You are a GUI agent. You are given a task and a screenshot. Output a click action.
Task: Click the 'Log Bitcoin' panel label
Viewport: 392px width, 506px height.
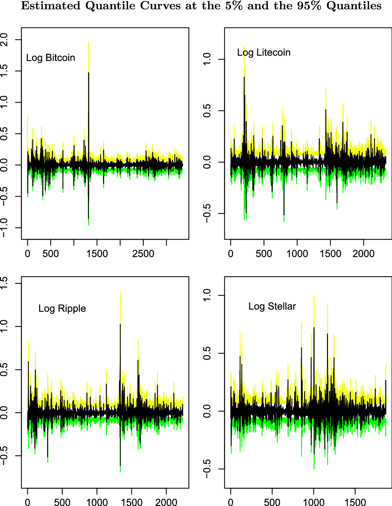pyautogui.click(x=50, y=58)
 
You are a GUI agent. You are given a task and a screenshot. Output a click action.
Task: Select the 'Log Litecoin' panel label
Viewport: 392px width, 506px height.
pyautogui.click(x=264, y=52)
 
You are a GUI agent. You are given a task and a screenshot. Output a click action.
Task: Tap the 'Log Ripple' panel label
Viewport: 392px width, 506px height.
pyautogui.click(x=62, y=308)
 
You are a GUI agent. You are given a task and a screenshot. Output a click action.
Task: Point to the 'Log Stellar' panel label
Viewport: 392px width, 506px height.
pyautogui.click(x=272, y=306)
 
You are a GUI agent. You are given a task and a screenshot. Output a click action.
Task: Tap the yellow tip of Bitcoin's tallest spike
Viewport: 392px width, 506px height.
pyautogui.click(x=89, y=42)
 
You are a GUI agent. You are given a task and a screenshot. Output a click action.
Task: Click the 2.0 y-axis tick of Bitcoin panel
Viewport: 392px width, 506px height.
pyautogui.click(x=4, y=40)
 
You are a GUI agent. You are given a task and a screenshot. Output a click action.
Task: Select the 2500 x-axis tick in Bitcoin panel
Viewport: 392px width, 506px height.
pyautogui.click(x=143, y=254)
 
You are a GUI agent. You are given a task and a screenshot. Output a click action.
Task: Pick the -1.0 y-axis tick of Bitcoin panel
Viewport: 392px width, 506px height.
pyautogui.click(x=4, y=228)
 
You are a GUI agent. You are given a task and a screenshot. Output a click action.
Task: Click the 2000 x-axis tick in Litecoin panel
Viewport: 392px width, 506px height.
pyautogui.click(x=363, y=254)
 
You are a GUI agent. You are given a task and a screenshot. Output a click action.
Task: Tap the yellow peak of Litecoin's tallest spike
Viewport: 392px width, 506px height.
pyautogui.click(x=244, y=46)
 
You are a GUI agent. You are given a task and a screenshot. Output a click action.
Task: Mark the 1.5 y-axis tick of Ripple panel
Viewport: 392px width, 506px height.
pyautogui.click(x=4, y=283)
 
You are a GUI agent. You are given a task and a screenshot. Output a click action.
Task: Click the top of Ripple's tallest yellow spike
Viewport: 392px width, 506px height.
pyautogui.click(x=120, y=294)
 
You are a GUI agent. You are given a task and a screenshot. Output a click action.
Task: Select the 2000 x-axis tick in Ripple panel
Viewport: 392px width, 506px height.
pyautogui.click(x=166, y=502)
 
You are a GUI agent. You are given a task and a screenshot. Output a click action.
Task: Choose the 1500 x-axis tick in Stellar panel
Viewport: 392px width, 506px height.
pyautogui.click(x=355, y=502)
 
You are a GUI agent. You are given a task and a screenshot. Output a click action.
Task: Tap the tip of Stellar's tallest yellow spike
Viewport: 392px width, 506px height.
pyautogui.click(x=314, y=296)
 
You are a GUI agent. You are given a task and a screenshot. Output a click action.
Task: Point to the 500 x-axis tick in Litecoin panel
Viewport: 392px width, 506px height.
pyautogui.click(x=264, y=254)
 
